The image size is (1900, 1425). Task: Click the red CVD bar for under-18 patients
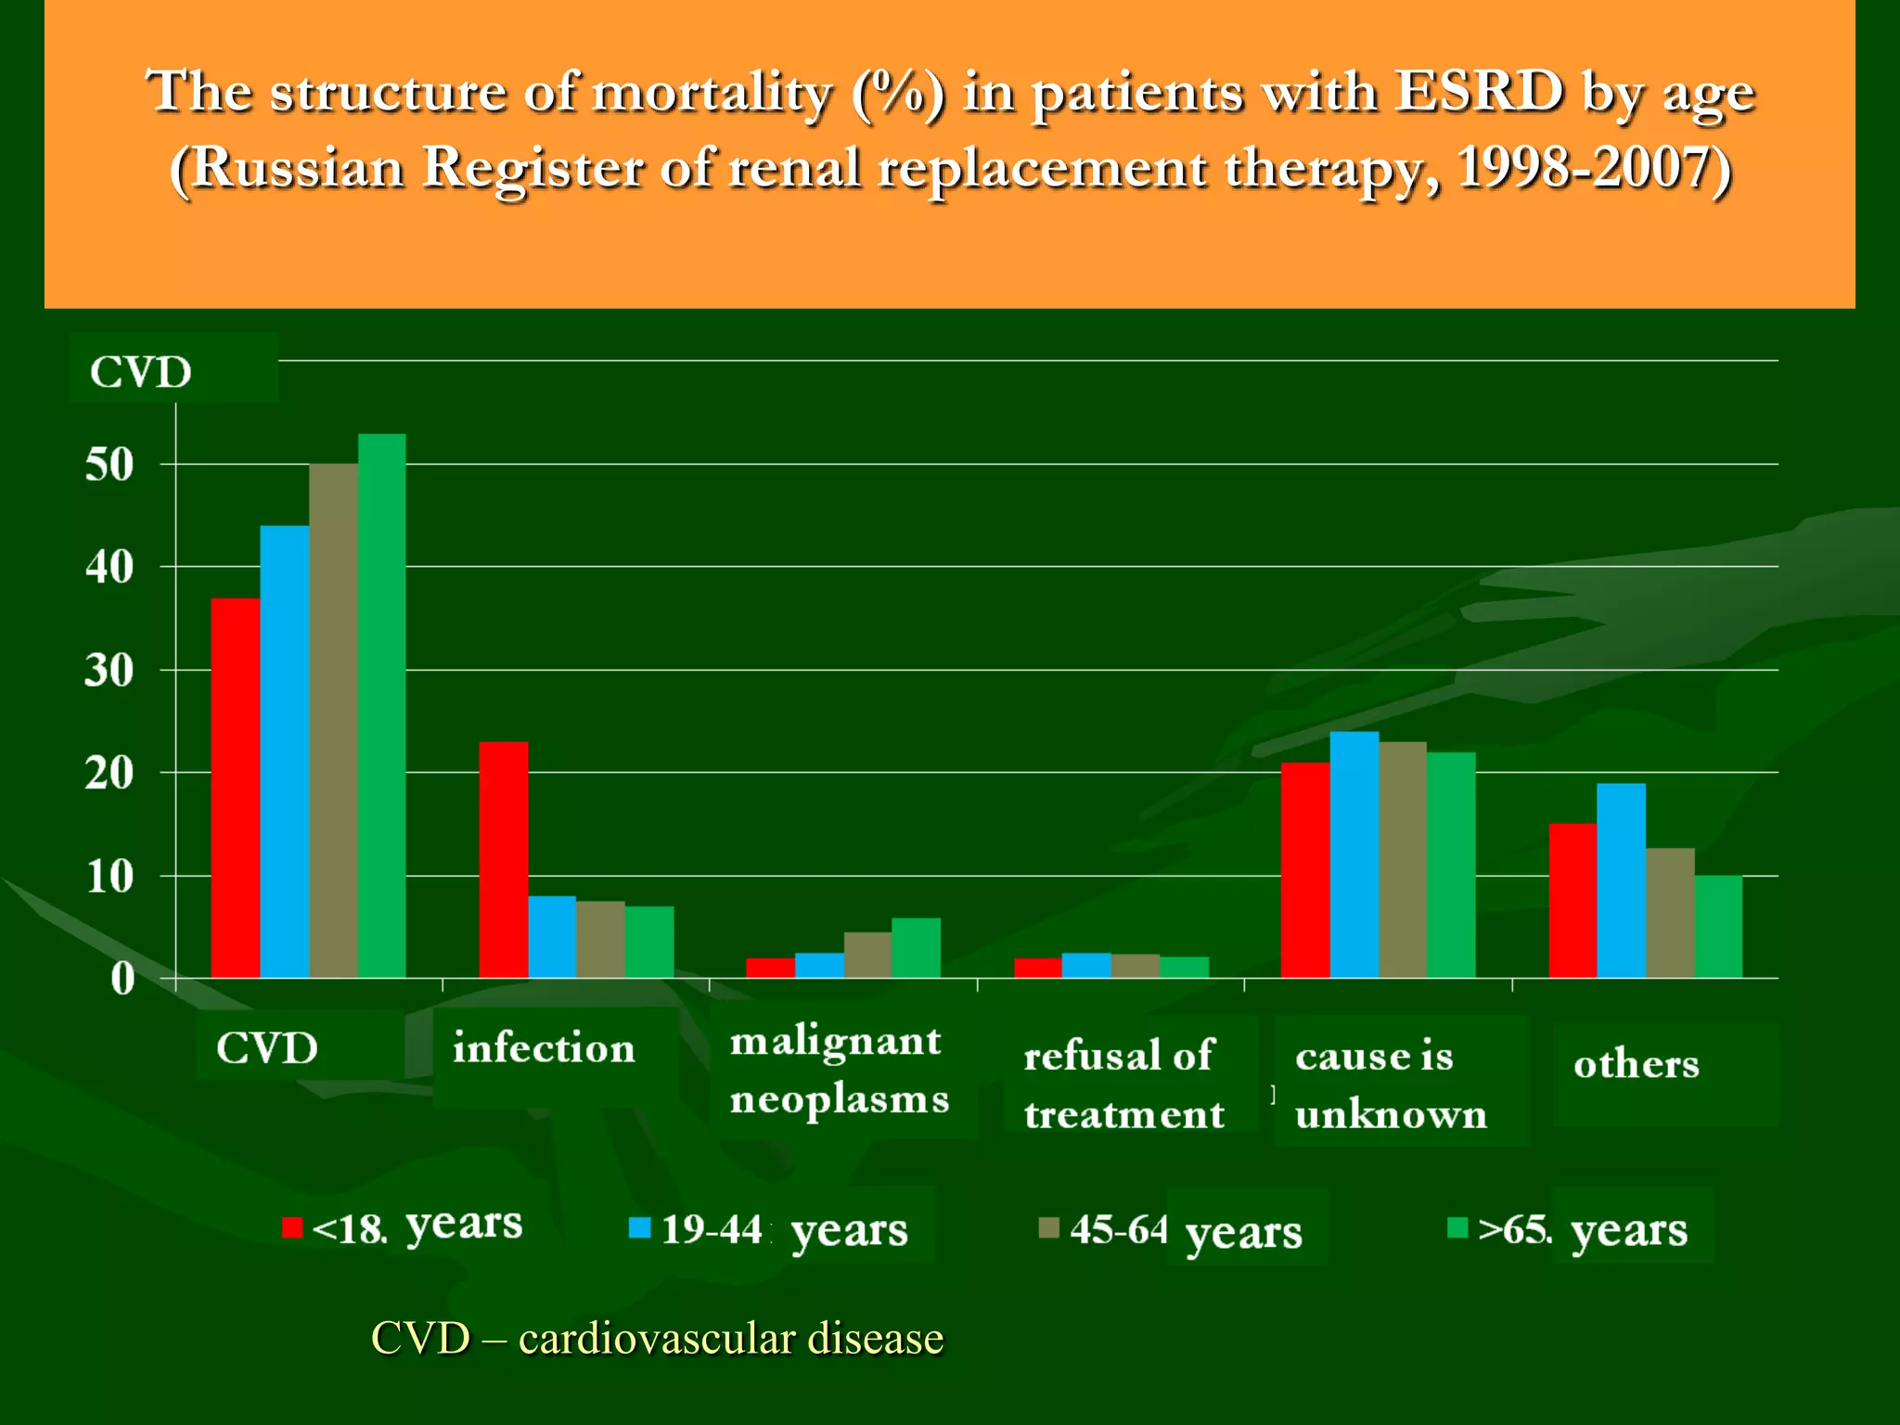tap(235, 789)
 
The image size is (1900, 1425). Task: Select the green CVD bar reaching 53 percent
tap(381, 705)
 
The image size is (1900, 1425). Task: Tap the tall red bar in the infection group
tap(503, 859)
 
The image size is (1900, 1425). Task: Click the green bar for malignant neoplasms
tap(916, 948)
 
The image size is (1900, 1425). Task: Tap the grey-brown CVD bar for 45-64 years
tap(333, 720)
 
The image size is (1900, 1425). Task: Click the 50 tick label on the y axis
tap(109, 465)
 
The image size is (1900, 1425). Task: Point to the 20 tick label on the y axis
tap(109, 773)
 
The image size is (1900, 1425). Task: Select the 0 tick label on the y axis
tap(122, 979)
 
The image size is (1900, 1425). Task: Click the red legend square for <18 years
tap(292, 1227)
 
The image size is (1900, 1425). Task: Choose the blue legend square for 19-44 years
tap(639, 1227)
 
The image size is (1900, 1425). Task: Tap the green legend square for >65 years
tap(1457, 1227)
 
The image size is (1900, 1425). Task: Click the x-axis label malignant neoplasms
tap(839, 1070)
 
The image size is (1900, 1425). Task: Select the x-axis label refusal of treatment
tap(1123, 1084)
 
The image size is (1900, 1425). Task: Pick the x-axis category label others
tap(1636, 1063)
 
